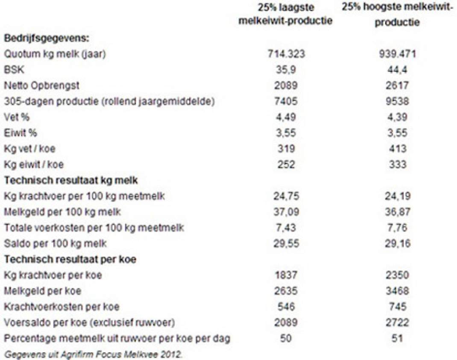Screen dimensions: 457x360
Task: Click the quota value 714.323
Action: click(286, 54)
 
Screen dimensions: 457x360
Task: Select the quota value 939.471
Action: click(397, 54)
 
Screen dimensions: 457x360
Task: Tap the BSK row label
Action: click(14, 70)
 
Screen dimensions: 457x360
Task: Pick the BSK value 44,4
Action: click(397, 70)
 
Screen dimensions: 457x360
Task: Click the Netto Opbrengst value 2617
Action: click(397, 85)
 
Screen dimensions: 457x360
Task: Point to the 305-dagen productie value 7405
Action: click(286, 101)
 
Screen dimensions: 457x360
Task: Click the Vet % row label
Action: click(17, 117)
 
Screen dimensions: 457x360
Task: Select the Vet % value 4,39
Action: click(397, 117)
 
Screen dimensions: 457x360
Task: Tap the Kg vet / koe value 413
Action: click(397, 149)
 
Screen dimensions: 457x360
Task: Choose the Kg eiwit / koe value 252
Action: click(286, 164)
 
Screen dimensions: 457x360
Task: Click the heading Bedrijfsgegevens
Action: click(47, 38)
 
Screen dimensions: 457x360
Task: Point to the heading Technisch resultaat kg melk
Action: click(71, 180)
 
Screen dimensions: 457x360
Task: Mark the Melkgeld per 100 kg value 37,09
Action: click(286, 212)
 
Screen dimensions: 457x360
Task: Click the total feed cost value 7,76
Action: click(397, 227)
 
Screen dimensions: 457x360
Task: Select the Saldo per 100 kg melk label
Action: click(56, 243)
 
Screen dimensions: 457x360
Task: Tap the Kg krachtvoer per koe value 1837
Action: click(286, 275)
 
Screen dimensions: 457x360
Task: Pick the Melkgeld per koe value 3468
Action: click(397, 291)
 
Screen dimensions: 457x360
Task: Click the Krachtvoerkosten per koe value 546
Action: click(286, 306)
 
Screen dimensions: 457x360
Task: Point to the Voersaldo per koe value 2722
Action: click(397, 322)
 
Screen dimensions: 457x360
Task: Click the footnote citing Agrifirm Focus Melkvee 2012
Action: click(93, 354)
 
